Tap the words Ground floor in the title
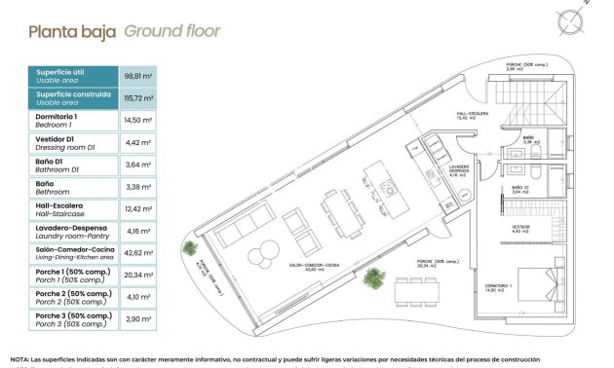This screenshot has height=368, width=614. click(173, 31)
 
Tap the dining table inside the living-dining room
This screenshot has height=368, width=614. click(334, 207)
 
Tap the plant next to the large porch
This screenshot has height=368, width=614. click(372, 279)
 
